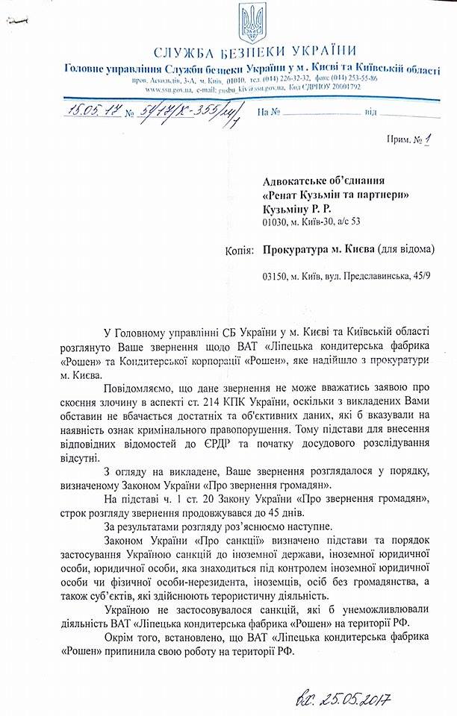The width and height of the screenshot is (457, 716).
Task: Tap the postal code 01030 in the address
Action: (276, 222)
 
